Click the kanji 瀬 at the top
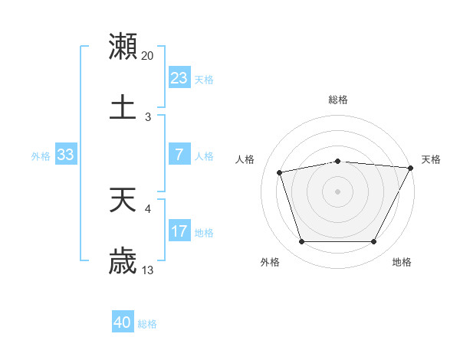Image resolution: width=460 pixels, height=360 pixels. (123, 47)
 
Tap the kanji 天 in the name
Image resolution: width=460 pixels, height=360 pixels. (123, 201)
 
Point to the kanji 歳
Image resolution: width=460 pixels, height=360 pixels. (123, 261)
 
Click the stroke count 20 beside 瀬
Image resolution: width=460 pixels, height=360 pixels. (148, 56)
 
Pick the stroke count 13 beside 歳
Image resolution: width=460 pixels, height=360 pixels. (148, 270)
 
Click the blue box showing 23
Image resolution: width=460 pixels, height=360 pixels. (179, 77)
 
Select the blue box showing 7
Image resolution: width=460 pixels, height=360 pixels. (179, 155)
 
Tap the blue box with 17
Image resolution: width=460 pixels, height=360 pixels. (179, 231)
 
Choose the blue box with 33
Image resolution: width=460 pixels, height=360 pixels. (66, 155)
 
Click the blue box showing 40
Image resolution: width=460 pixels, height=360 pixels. (123, 322)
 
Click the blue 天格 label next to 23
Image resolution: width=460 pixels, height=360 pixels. (204, 80)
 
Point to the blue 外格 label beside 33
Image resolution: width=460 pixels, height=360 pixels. (41, 156)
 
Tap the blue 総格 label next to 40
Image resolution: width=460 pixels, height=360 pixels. (147, 324)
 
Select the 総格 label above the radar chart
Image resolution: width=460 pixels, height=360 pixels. (338, 100)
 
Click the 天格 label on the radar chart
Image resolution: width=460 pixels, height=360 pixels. (431, 159)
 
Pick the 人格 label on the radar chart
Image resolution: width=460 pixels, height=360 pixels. (245, 159)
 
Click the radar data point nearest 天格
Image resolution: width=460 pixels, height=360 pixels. (412, 168)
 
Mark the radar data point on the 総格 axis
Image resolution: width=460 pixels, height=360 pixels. (338, 161)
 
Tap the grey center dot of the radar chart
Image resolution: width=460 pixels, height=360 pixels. (338, 191)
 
